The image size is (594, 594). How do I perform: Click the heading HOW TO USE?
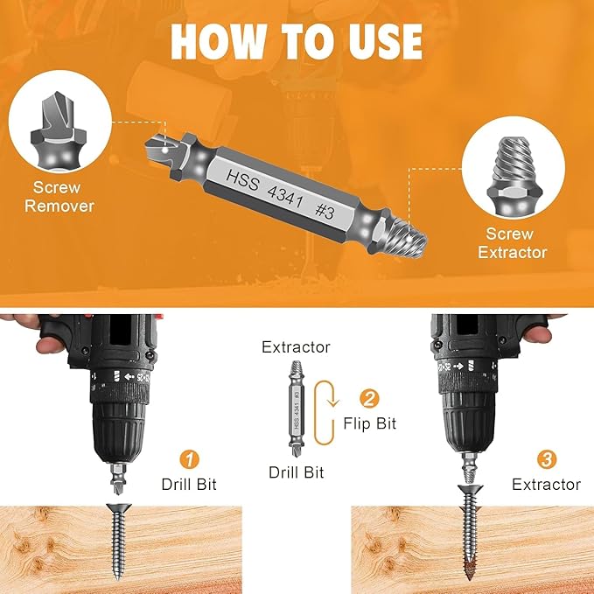click(297, 40)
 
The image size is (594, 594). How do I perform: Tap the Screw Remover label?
click(59, 196)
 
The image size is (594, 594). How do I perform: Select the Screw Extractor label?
click(516, 242)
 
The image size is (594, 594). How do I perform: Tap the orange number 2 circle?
click(370, 399)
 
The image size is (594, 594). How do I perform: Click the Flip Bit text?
click(370, 423)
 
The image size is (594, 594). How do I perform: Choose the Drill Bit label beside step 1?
click(189, 484)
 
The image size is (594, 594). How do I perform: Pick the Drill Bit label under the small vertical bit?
click(296, 472)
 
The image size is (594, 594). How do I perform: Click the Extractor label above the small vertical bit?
click(296, 347)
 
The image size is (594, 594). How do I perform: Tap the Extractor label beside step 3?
click(546, 484)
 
